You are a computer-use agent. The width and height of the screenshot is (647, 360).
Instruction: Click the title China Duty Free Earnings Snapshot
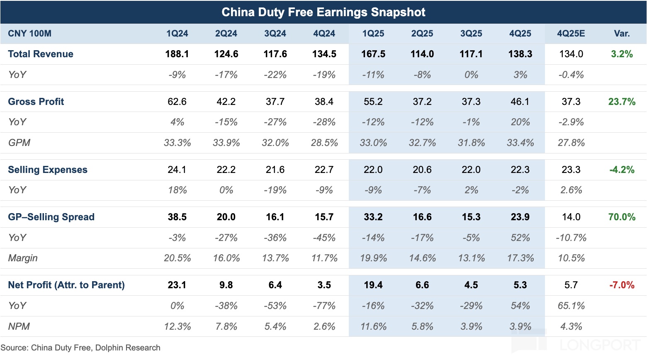(x=323, y=12)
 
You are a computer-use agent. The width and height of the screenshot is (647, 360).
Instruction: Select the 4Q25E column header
(x=571, y=34)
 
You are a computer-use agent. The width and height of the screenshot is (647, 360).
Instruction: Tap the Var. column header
(x=622, y=34)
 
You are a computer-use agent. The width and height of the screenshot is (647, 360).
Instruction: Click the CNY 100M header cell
(x=29, y=34)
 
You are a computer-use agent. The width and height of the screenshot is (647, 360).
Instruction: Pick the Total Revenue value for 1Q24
(x=177, y=54)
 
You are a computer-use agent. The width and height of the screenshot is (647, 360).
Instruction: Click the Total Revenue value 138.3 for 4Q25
(x=520, y=54)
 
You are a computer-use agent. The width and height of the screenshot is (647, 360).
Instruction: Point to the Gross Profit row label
(x=36, y=102)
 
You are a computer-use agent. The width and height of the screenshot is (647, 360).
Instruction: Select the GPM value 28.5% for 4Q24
(x=324, y=143)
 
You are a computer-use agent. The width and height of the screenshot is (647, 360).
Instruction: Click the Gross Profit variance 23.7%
(x=622, y=102)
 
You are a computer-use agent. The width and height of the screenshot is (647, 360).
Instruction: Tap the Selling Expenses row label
(x=48, y=170)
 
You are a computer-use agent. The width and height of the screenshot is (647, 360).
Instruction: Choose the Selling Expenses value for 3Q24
(x=275, y=170)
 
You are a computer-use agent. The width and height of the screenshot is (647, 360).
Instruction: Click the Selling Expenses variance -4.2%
(x=622, y=170)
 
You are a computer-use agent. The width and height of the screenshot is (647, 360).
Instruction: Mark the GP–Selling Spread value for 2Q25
(x=422, y=217)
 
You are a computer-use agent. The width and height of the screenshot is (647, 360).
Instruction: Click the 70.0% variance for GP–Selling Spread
(x=622, y=217)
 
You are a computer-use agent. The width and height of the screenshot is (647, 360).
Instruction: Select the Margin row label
(x=23, y=258)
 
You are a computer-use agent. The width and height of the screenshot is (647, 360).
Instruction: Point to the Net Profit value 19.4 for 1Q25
(x=373, y=285)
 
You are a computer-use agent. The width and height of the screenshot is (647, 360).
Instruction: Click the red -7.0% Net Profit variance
(x=622, y=285)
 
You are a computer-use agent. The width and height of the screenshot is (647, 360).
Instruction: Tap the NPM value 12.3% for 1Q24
(x=177, y=326)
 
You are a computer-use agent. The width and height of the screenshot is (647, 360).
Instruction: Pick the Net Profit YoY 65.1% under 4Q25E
(x=571, y=306)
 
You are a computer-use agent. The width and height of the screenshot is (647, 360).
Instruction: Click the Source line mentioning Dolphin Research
(x=80, y=348)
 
